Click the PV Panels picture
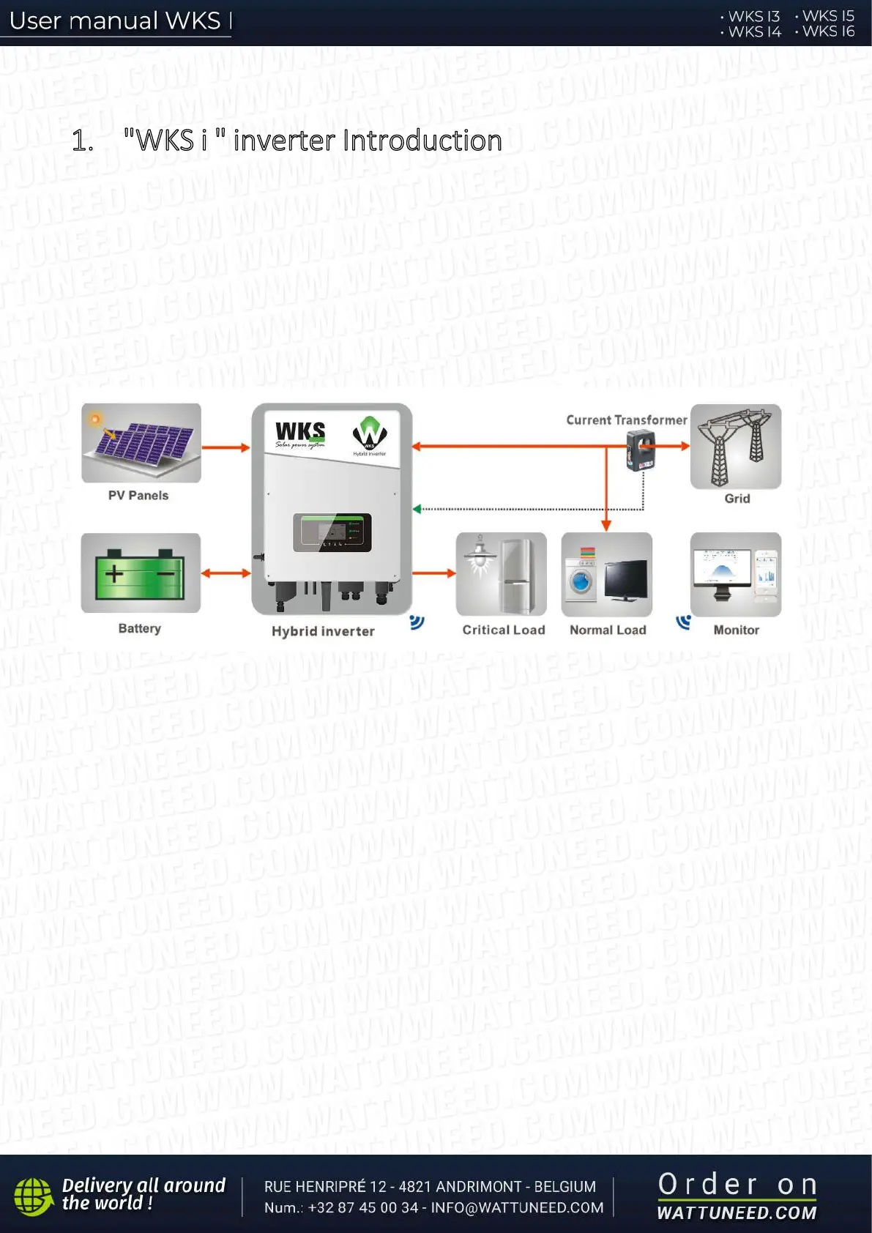coord(141,443)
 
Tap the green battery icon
coord(141,573)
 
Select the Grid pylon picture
coord(736,447)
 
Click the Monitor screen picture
coord(736,575)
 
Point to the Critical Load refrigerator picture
coord(502,575)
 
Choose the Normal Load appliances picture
coord(607,575)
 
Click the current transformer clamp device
coord(641,449)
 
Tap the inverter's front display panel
coord(332,532)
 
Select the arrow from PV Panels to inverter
coord(226,447)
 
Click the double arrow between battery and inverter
coord(226,573)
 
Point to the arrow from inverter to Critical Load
coord(434,573)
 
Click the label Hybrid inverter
coord(323,631)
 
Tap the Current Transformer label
coord(626,420)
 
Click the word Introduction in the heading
coord(422,141)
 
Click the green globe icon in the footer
coord(34,1196)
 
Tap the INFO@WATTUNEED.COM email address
coord(517,1207)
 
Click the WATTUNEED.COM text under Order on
coord(737,1212)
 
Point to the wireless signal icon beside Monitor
coord(683,622)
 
